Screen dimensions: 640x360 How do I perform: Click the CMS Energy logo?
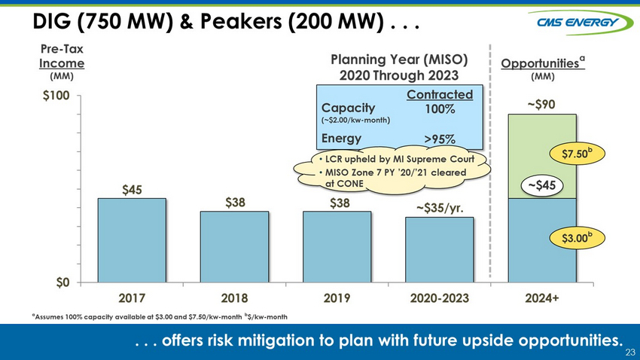(x=581, y=22)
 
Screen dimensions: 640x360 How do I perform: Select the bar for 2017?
(x=132, y=240)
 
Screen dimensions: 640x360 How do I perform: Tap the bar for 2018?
(x=234, y=247)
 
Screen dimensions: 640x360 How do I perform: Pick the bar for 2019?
(x=337, y=247)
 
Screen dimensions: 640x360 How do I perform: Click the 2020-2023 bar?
(x=440, y=250)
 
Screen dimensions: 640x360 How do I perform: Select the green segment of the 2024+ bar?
(x=542, y=157)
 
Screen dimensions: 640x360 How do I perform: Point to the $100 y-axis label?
(x=56, y=96)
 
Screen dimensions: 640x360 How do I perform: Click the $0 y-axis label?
(x=62, y=283)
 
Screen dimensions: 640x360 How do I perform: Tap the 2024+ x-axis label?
(x=542, y=298)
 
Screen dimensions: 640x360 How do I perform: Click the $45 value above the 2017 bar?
(x=132, y=190)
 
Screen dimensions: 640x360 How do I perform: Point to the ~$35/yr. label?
(x=440, y=208)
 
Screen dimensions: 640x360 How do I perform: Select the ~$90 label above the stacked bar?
(x=541, y=105)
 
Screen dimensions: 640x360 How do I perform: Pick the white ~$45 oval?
(x=542, y=186)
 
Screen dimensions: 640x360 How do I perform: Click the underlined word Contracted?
(x=440, y=95)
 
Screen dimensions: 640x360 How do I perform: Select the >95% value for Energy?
(x=440, y=139)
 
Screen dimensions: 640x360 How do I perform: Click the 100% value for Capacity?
(x=440, y=109)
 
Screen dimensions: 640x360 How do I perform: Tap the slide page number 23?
(x=630, y=352)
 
